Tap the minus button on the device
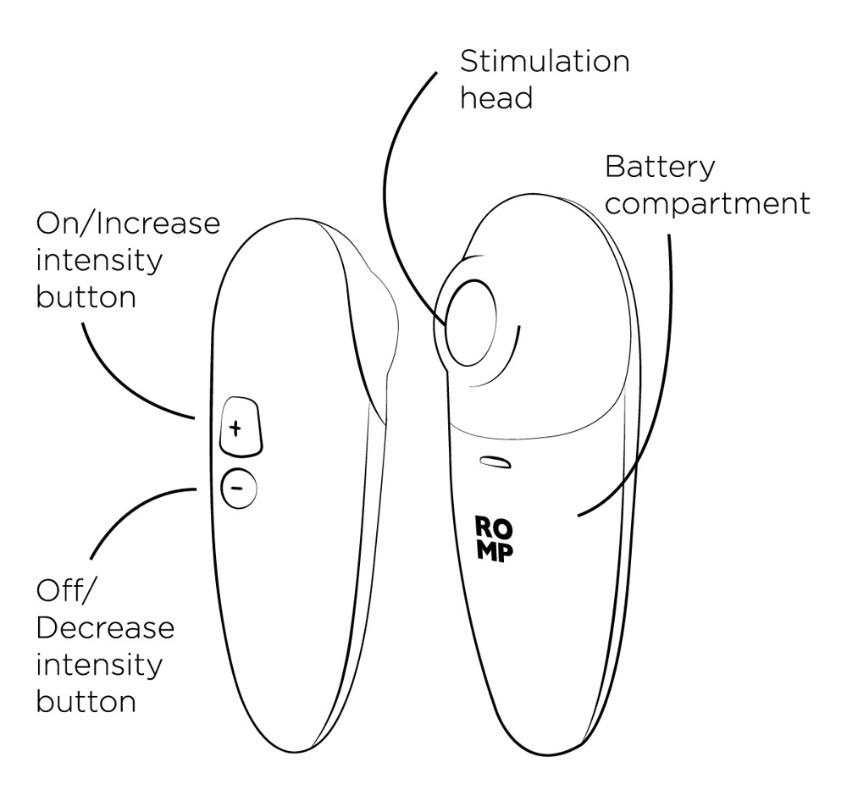[238, 489]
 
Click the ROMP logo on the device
[494, 539]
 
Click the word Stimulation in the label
[544, 62]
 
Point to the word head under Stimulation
[496, 97]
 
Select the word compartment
[707, 204]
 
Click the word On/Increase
[128, 224]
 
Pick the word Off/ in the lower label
[63, 590]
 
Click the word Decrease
[106, 628]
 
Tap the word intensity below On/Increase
[99, 260]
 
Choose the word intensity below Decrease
[99, 665]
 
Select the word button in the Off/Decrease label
[86, 701]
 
